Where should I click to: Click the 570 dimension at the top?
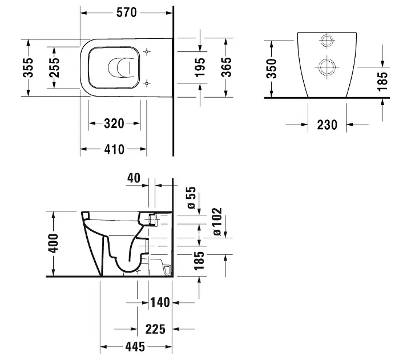pos(126,11)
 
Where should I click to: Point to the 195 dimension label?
pos(200,67)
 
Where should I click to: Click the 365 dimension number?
pos(226,67)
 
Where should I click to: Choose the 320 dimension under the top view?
pos(114,123)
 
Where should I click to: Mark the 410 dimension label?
pos(114,149)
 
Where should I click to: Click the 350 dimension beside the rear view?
pos(272,68)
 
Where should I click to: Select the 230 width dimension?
pos(327,124)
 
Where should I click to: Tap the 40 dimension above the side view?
pos(133,178)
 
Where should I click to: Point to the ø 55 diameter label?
pos(191,198)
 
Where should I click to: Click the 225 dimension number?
pos(155,329)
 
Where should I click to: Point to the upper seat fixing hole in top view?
pos(148,53)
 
